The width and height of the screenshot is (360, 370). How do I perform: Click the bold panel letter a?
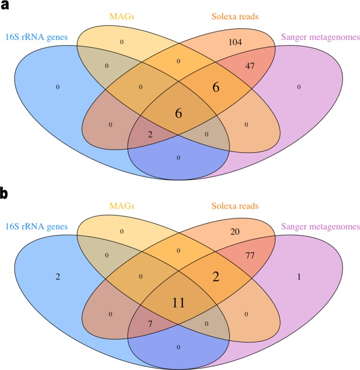pos(6,7)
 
